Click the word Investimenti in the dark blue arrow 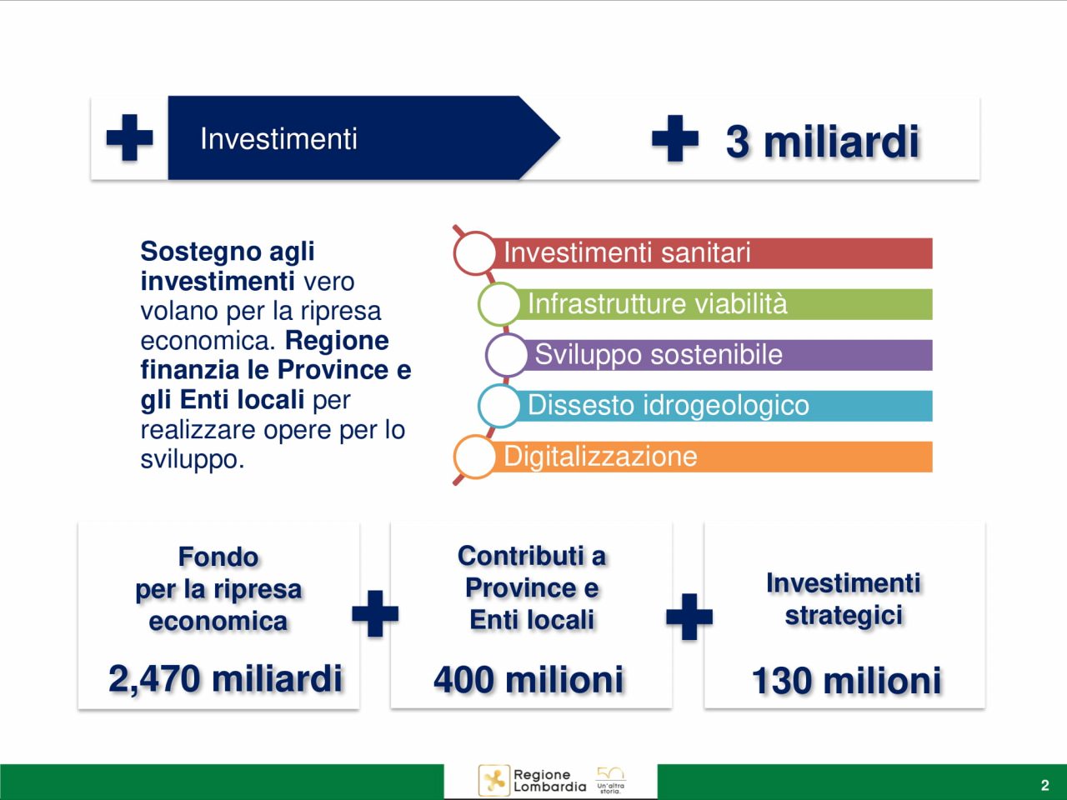[x=278, y=139]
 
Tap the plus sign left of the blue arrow [x=130, y=137]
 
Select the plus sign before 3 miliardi [x=675, y=138]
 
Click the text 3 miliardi [x=823, y=142]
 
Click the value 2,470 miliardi [x=226, y=678]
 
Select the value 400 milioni [x=528, y=679]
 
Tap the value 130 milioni [x=846, y=681]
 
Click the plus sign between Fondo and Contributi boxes [x=375, y=613]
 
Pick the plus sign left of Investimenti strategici [x=689, y=617]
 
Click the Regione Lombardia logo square [x=494, y=781]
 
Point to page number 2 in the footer [x=1044, y=785]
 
